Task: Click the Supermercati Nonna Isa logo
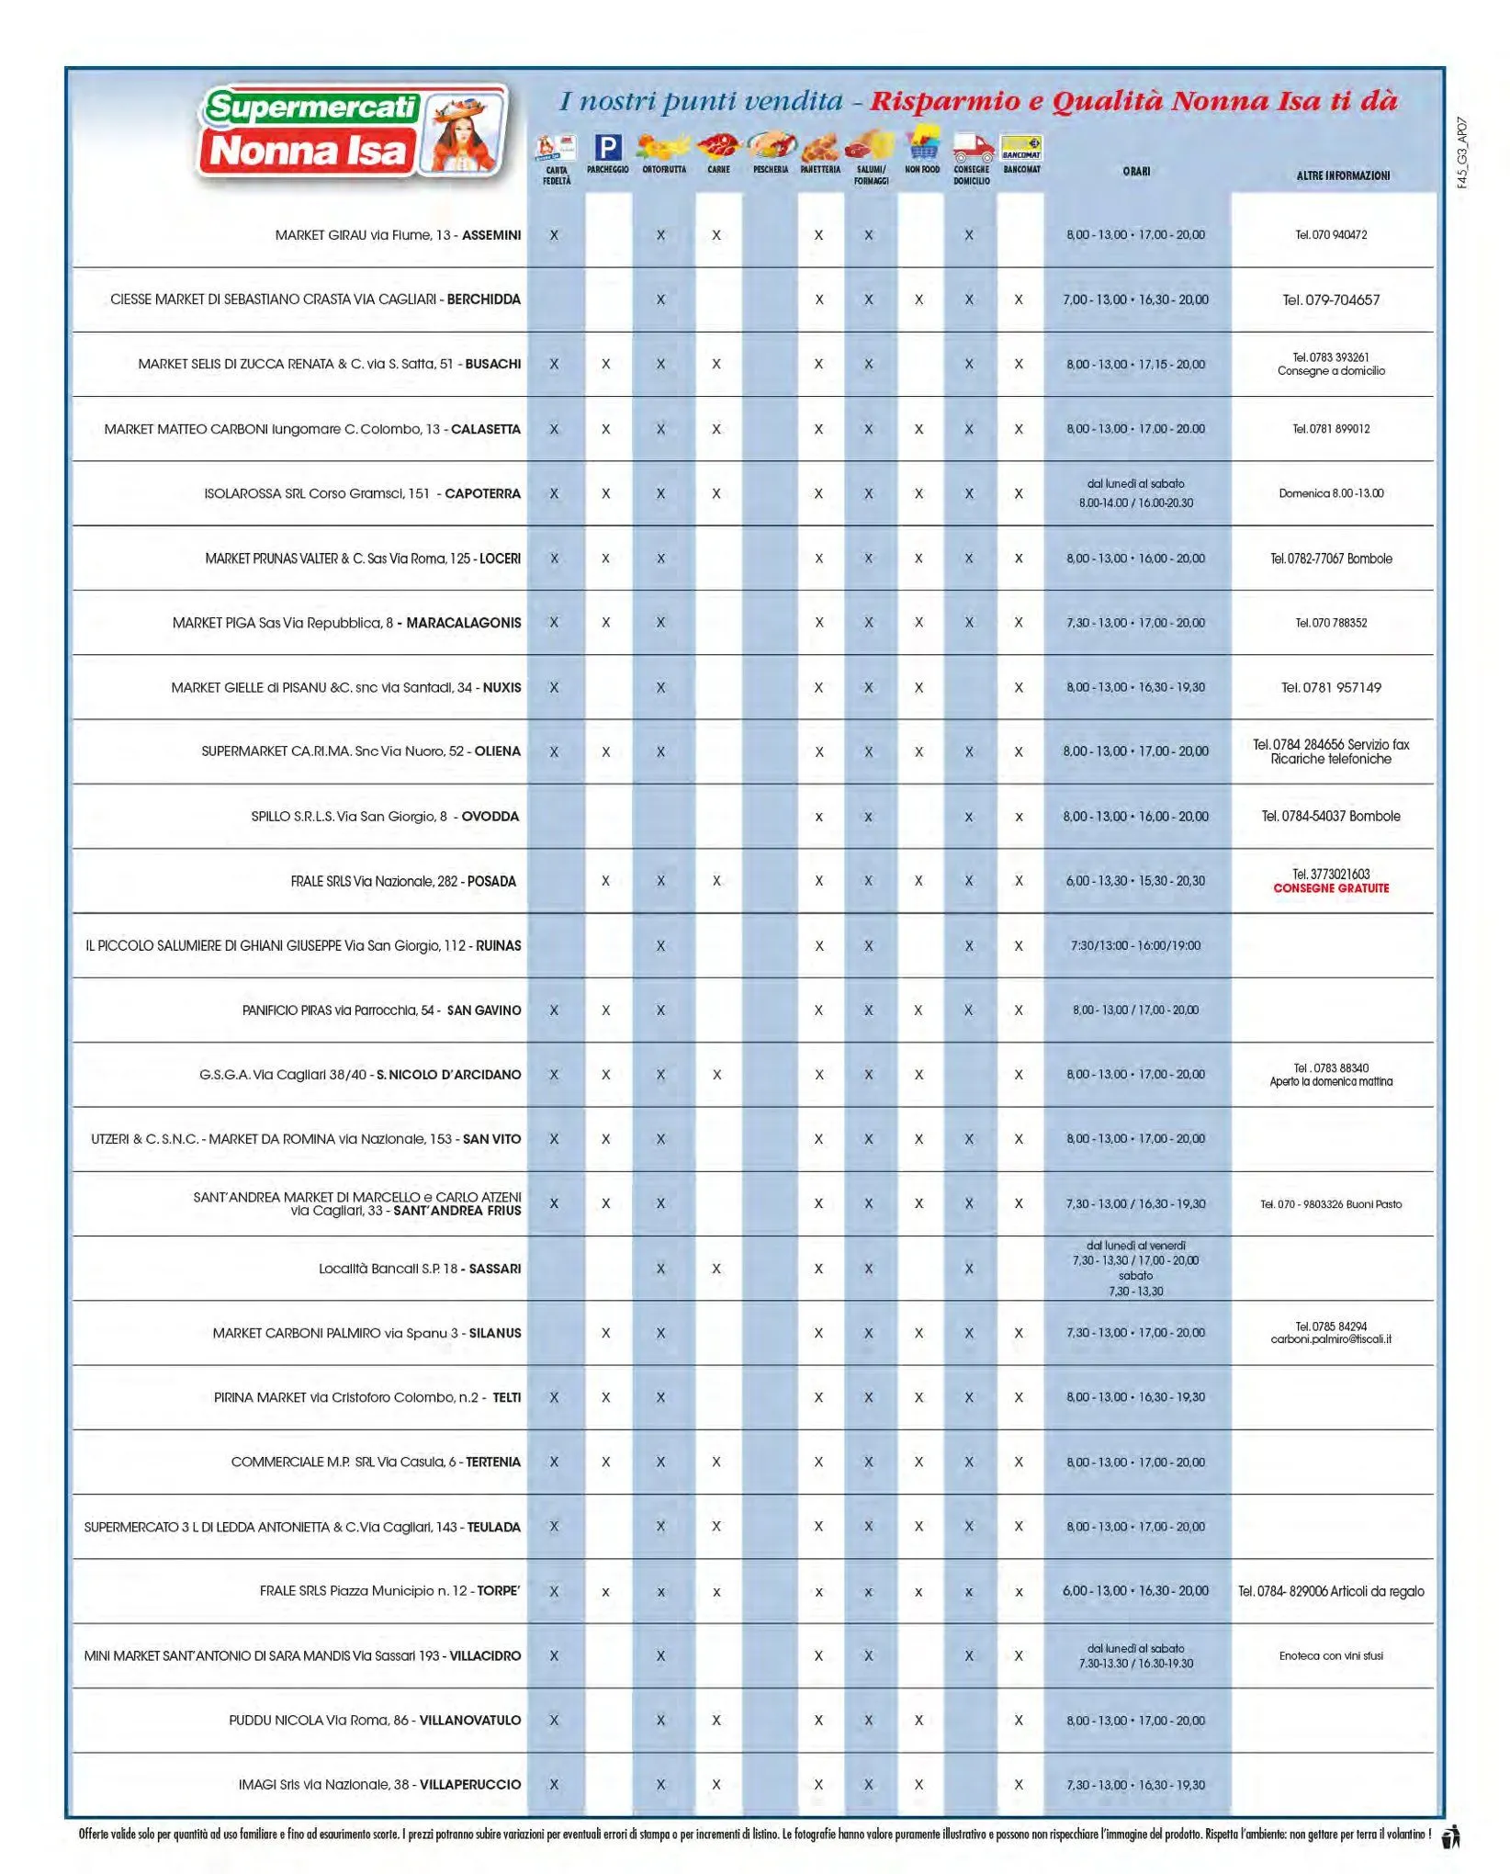(x=353, y=131)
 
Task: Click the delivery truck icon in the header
(x=972, y=146)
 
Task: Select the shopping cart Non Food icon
(x=922, y=145)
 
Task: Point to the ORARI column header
(x=1136, y=172)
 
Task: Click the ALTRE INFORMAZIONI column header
(x=1343, y=175)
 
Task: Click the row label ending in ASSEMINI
(x=398, y=235)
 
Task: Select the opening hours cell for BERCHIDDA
(x=1135, y=299)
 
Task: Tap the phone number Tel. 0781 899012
(x=1331, y=429)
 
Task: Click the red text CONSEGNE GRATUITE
(x=1331, y=888)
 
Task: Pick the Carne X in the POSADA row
(x=716, y=881)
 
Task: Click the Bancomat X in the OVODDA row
(x=1019, y=817)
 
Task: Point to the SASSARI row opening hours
(x=1135, y=1268)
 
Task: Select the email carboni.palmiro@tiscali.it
(x=1331, y=1339)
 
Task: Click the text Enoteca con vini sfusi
(x=1331, y=1655)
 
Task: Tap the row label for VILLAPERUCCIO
(x=379, y=1784)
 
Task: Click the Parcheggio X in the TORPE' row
(x=605, y=1592)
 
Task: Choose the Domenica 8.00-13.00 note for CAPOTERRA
(x=1331, y=493)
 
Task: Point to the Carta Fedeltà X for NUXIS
(x=554, y=687)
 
